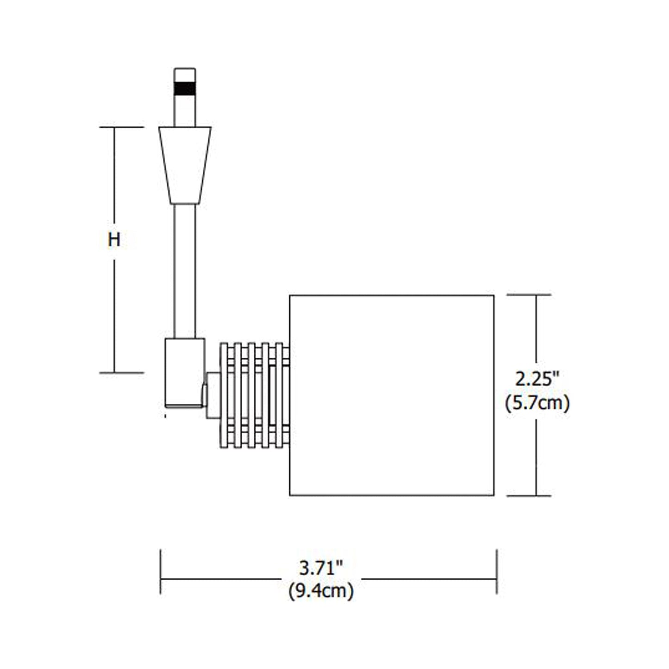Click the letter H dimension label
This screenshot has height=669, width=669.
(114, 240)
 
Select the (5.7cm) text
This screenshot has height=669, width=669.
(537, 403)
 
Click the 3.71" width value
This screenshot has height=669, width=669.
(320, 567)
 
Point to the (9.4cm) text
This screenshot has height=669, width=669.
(321, 591)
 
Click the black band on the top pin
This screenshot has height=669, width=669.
(184, 88)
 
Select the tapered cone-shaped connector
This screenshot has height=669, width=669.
(185, 165)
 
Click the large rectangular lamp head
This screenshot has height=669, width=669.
(391, 395)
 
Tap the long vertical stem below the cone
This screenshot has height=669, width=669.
(184, 271)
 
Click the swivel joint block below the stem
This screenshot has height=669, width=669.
(184, 373)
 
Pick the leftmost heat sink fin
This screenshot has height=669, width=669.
(224, 395)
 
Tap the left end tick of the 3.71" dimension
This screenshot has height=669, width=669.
(161, 572)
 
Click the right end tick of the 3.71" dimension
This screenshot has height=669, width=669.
(496, 572)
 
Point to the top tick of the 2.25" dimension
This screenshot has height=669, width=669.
(529, 294)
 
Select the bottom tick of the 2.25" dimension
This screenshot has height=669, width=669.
(529, 496)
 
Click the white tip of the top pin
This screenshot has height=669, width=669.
(184, 75)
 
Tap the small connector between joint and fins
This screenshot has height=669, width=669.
(213, 395)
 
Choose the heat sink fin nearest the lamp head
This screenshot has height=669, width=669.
(279, 395)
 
